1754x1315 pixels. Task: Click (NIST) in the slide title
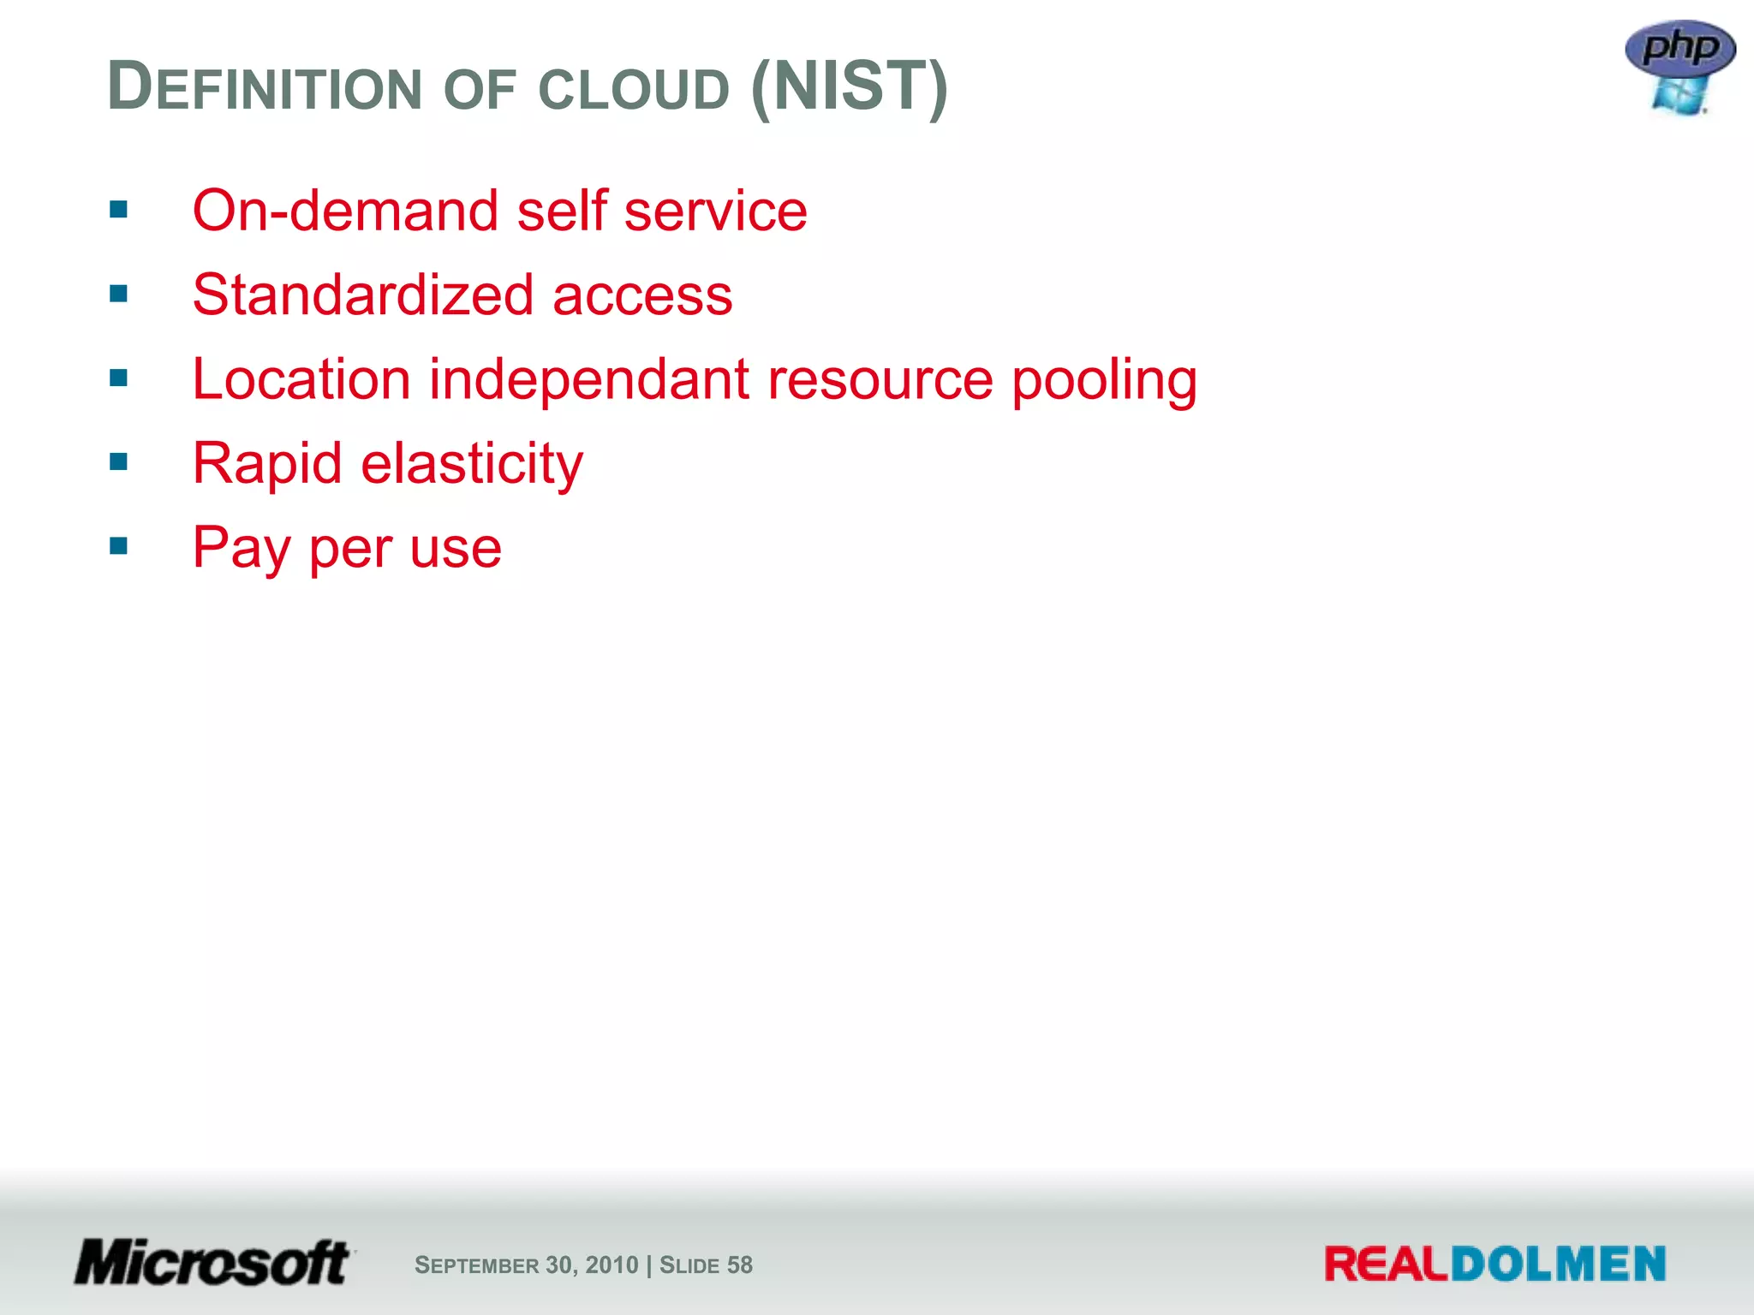click(849, 86)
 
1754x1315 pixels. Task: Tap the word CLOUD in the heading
click(634, 89)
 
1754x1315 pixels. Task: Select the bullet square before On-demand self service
click(119, 210)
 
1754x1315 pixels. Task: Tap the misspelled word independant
click(589, 379)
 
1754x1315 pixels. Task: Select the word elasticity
click(472, 464)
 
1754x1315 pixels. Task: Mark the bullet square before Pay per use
click(119, 545)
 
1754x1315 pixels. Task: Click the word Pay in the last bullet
click(242, 548)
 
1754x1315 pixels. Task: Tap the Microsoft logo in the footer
click(212, 1263)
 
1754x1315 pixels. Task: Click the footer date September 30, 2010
click(526, 1265)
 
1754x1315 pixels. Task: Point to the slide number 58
click(739, 1265)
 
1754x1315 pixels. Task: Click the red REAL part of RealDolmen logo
click(1386, 1264)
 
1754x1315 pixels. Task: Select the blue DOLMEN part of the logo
click(1558, 1264)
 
